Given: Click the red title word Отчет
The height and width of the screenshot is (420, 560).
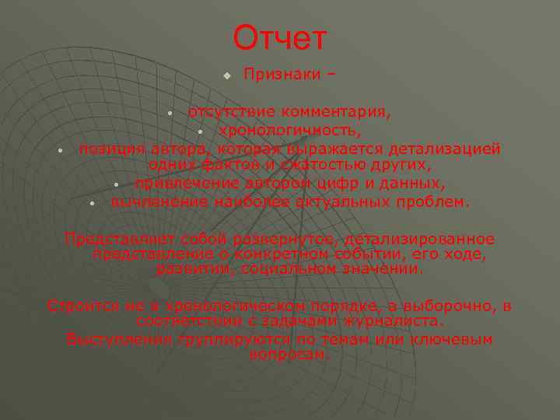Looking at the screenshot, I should click(x=280, y=37).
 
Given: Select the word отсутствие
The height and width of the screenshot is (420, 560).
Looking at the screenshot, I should click(x=232, y=112).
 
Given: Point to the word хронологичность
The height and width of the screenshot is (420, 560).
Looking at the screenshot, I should click(x=289, y=130).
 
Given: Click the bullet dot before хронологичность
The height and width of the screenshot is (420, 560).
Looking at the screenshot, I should click(x=200, y=131).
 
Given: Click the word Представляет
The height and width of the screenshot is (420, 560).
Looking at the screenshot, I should click(x=118, y=239).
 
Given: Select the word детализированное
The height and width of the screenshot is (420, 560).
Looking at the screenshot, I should click(x=420, y=239).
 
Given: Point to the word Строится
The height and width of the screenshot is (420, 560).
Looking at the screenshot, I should click(x=81, y=306).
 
